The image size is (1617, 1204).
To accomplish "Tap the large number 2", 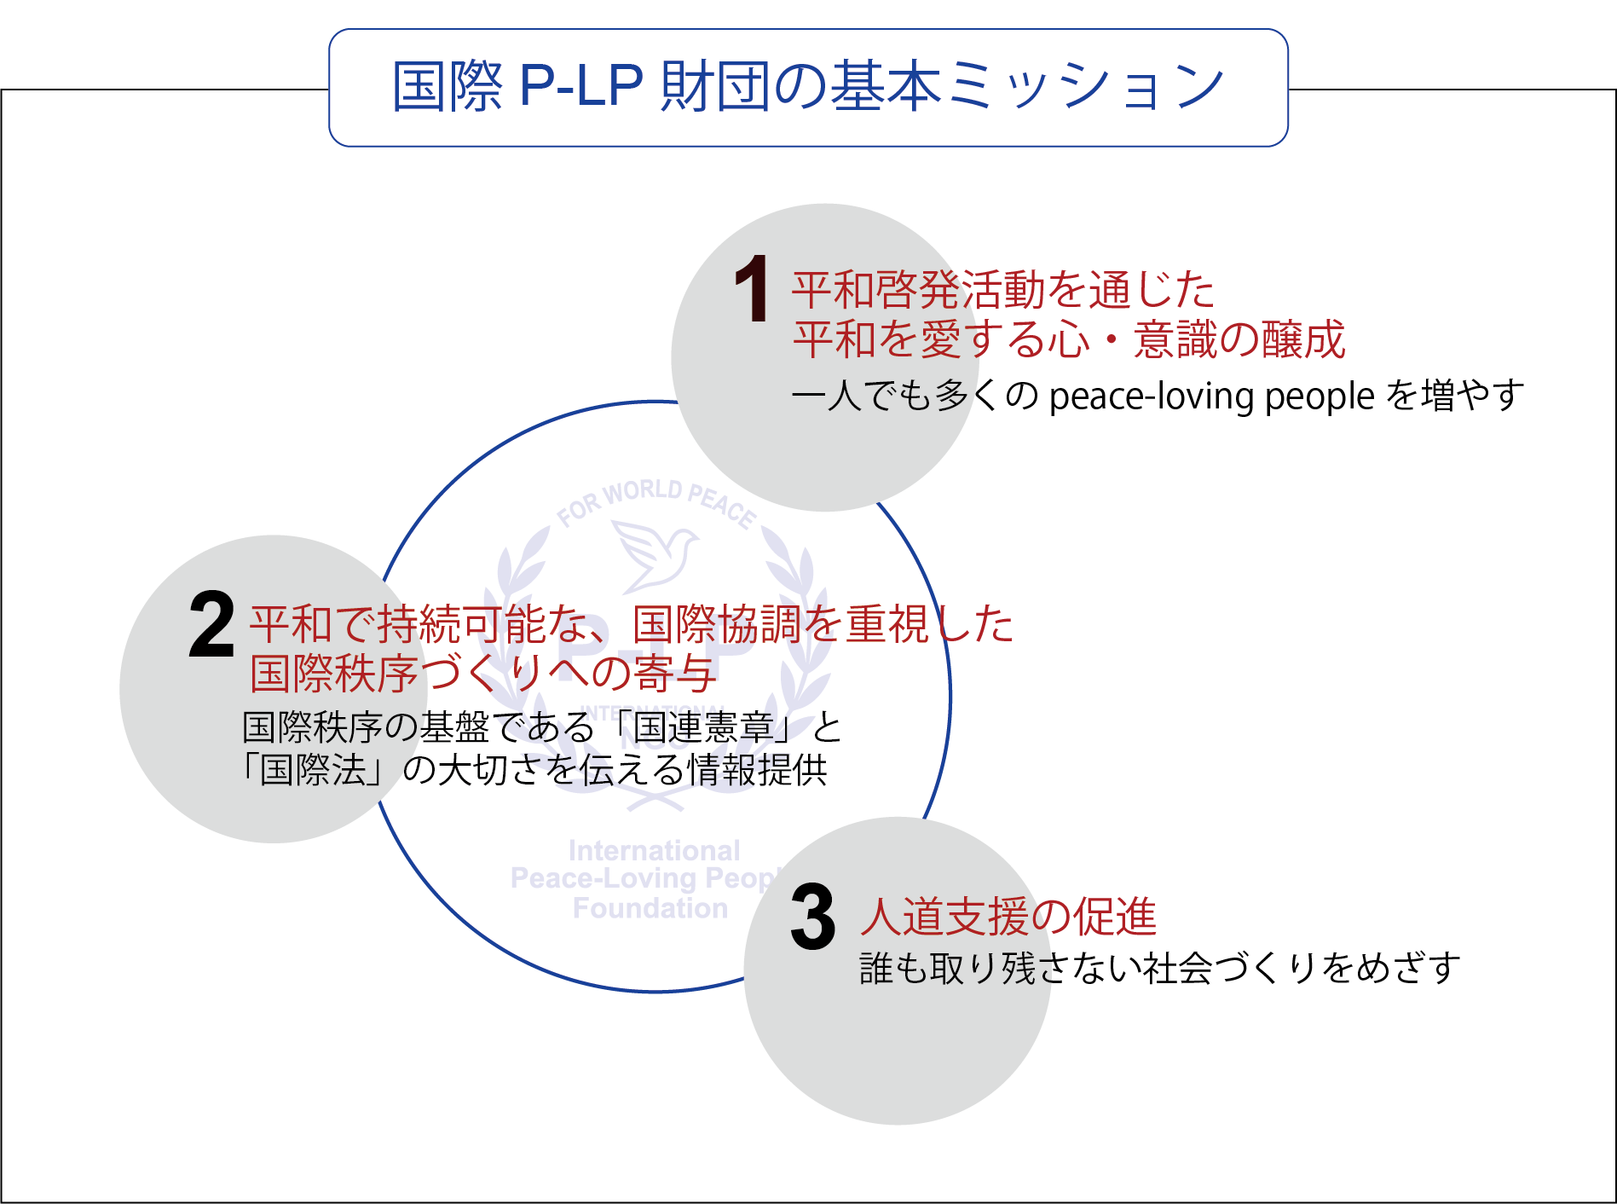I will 211,624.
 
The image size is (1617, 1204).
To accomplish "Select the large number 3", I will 812,917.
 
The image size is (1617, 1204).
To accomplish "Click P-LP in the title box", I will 580,85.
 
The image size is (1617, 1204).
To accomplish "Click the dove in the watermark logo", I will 655,554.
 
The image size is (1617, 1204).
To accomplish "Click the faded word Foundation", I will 650,908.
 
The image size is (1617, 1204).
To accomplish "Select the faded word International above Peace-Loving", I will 654,850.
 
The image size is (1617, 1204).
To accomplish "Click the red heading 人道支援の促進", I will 1008,917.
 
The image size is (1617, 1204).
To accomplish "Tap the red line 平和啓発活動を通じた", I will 1002,290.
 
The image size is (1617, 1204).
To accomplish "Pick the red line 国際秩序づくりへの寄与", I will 482,674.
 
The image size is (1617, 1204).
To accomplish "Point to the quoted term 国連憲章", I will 703,727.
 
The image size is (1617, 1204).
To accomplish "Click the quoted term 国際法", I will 313,769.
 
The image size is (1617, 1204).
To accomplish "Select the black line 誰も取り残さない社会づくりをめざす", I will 1159,969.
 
